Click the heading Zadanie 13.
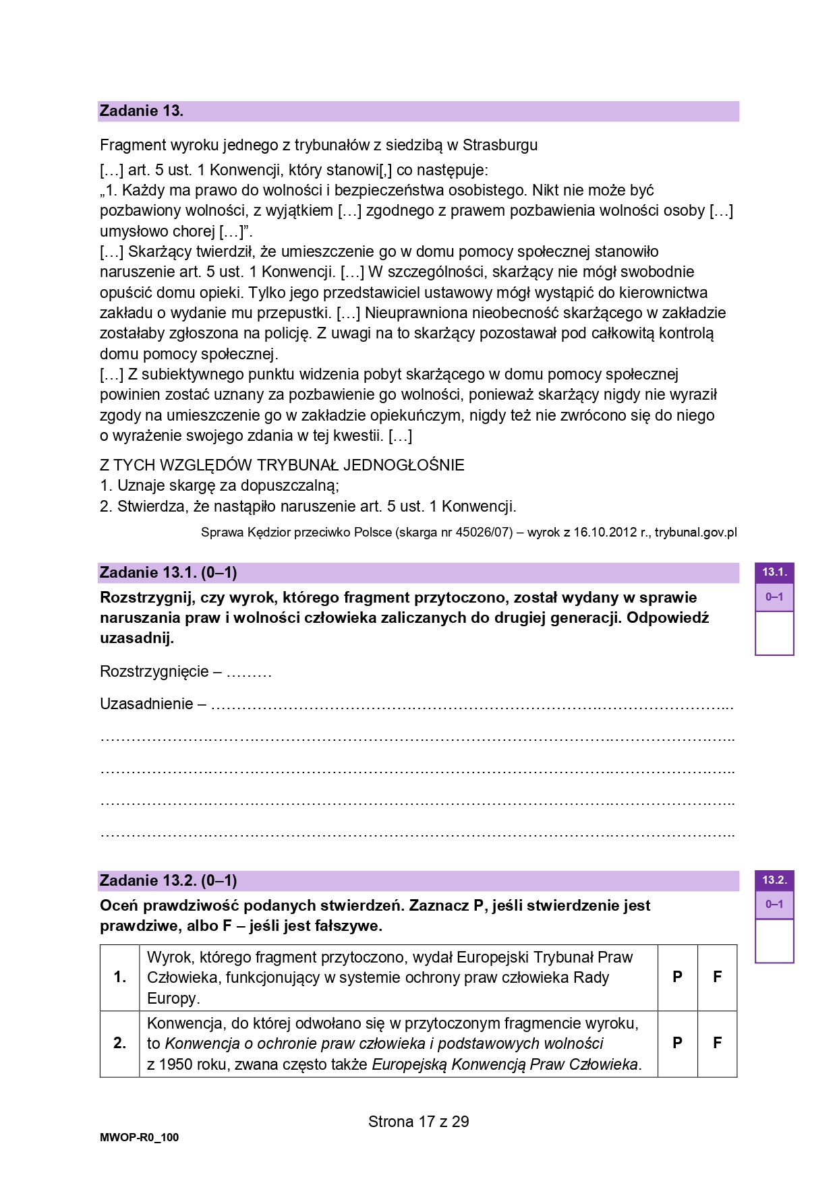pyautogui.click(x=142, y=111)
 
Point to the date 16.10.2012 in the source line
pyautogui.click(x=605, y=533)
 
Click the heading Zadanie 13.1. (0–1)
pyautogui.click(x=168, y=573)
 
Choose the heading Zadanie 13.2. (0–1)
pyautogui.click(x=168, y=880)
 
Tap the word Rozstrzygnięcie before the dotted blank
pyautogui.click(x=154, y=671)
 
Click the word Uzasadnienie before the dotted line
pyautogui.click(x=146, y=704)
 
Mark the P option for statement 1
pyautogui.click(x=677, y=977)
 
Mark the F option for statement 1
pyautogui.click(x=717, y=977)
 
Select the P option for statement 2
pyautogui.click(x=677, y=1043)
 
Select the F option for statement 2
pyautogui.click(x=717, y=1043)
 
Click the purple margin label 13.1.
pyautogui.click(x=774, y=572)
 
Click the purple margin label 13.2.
pyautogui.click(x=774, y=880)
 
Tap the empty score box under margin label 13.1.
pyautogui.click(x=774, y=632)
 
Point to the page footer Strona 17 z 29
pyautogui.click(x=418, y=1122)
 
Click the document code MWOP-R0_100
pyautogui.click(x=140, y=1138)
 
